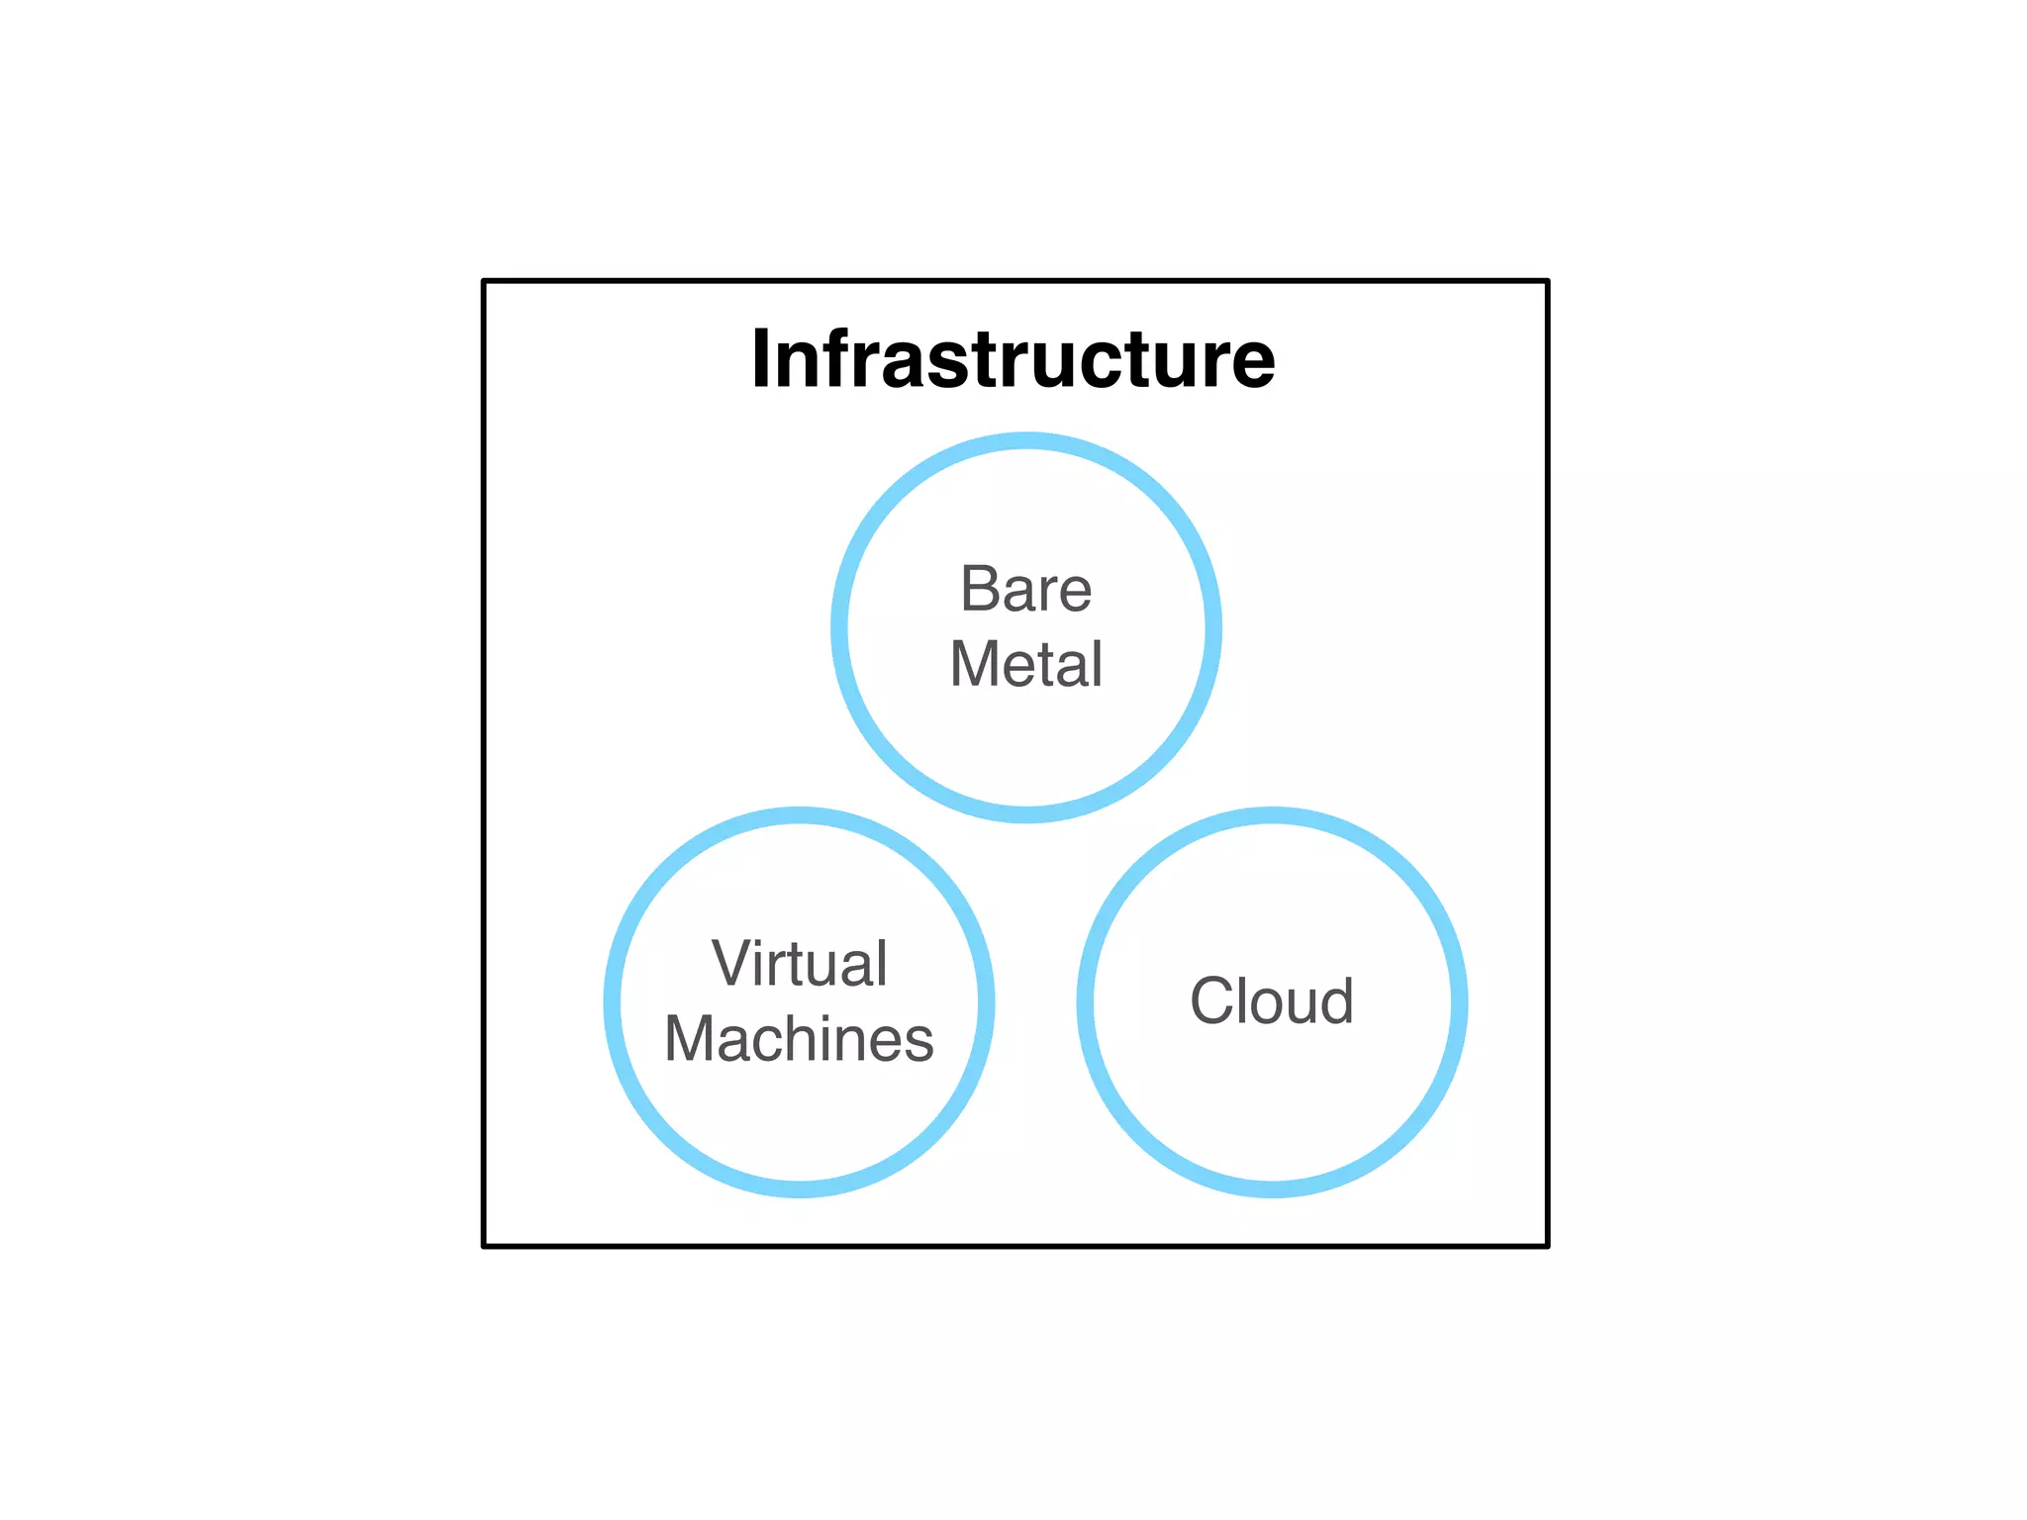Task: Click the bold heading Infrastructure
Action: pyautogui.click(x=1013, y=358)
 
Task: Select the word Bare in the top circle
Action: pyautogui.click(x=1026, y=590)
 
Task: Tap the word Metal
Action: pyautogui.click(x=1026, y=664)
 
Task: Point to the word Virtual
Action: pyautogui.click(x=800, y=964)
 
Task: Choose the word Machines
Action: pyautogui.click(x=799, y=1039)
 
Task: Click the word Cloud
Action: pyautogui.click(x=1272, y=1001)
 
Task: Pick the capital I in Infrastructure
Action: pyautogui.click(x=761, y=358)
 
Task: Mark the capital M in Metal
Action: pyautogui.click(x=973, y=664)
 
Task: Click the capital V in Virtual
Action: pyautogui.click(x=730, y=964)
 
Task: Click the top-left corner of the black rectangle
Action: pyautogui.click(x=484, y=282)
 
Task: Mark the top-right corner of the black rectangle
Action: pyautogui.click(x=1547, y=282)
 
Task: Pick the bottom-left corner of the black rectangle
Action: pyautogui.click(x=484, y=1246)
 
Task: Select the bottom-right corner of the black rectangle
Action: pyautogui.click(x=1547, y=1246)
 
